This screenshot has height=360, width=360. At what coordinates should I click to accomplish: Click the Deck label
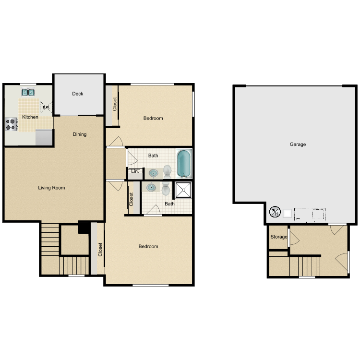tap(78, 94)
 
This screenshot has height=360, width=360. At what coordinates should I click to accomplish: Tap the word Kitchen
tap(30, 117)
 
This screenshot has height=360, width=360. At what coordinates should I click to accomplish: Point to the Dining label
tap(80, 134)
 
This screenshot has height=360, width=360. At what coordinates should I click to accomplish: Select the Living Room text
tap(51, 188)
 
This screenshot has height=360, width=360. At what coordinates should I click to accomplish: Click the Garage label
tap(298, 144)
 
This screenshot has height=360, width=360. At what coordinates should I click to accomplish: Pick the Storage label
tap(279, 237)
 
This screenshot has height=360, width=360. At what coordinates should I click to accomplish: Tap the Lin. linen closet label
tap(135, 171)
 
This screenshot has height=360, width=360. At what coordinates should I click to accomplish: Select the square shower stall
tap(183, 191)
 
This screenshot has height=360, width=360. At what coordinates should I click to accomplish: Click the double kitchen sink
tap(28, 92)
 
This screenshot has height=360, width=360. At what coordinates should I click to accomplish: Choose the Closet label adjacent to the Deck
tap(115, 104)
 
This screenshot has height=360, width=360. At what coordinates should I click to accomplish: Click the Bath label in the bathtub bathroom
tap(153, 156)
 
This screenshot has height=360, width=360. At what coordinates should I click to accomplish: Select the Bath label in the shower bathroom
tap(170, 204)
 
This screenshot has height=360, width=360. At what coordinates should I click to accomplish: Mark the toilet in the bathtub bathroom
tap(167, 171)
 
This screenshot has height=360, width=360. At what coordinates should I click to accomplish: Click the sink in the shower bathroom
tap(152, 188)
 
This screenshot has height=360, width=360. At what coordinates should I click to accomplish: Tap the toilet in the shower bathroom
tap(166, 189)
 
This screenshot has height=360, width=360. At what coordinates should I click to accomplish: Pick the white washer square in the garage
tap(288, 213)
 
